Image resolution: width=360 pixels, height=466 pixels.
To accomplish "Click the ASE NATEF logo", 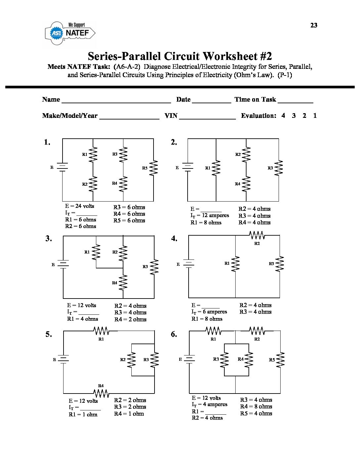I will coord(70,33).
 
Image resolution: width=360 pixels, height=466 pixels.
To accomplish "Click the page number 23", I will coord(314,25).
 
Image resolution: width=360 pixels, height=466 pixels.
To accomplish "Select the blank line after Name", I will coord(116,101).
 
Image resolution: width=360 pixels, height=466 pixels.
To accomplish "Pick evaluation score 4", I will coord(283,116).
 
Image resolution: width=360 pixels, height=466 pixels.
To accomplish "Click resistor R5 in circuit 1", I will coord(154,168).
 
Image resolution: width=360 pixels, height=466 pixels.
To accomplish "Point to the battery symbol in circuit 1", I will coord(62,167).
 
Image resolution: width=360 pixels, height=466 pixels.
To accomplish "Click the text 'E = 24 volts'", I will coord(79,206).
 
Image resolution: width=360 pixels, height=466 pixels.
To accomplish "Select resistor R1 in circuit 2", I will coord(216,168).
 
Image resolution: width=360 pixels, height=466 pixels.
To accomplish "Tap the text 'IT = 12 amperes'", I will coord(209,215).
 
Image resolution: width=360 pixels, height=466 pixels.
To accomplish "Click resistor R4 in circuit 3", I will coord(123,282).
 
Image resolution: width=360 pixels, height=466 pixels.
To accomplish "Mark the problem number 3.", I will coord(49,239).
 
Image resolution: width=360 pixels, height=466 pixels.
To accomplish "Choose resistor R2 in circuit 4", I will coord(257,235).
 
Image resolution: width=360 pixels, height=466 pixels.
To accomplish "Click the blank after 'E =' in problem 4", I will coord(210,306).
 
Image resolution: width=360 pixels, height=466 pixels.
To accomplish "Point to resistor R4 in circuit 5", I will coord(101,393).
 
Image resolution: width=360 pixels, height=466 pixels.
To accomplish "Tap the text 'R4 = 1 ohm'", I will coord(129,414).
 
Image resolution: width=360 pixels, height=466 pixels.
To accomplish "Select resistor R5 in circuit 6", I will coord(280,360).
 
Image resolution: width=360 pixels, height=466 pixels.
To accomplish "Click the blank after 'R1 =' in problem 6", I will coord(215,412).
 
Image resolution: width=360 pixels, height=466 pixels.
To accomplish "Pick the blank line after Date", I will coord(211,101).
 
